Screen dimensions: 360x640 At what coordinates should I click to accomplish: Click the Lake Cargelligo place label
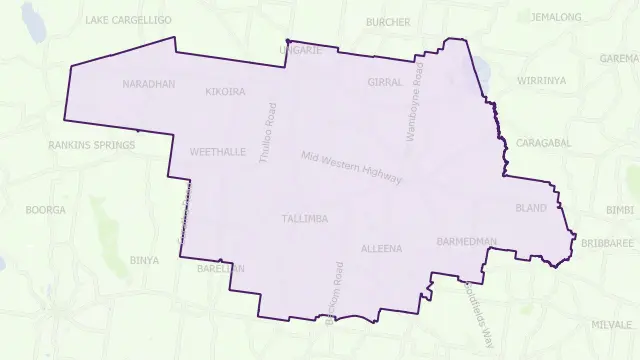click(128, 20)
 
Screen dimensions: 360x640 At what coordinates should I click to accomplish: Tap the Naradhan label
click(148, 84)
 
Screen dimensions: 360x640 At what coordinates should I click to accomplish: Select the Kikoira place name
click(225, 92)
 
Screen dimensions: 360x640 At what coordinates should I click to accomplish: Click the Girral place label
click(384, 82)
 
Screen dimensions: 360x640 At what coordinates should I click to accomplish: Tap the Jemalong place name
click(557, 17)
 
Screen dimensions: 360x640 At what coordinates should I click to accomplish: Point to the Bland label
click(530, 209)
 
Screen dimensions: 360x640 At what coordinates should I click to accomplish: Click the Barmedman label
click(466, 242)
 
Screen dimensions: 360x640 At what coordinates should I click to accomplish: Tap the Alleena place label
click(381, 248)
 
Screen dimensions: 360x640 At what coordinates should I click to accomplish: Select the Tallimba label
click(304, 218)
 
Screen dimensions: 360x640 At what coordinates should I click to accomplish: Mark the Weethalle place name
click(217, 153)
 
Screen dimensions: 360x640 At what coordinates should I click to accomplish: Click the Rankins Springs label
click(91, 145)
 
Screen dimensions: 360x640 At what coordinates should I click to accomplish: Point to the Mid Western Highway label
click(352, 168)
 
